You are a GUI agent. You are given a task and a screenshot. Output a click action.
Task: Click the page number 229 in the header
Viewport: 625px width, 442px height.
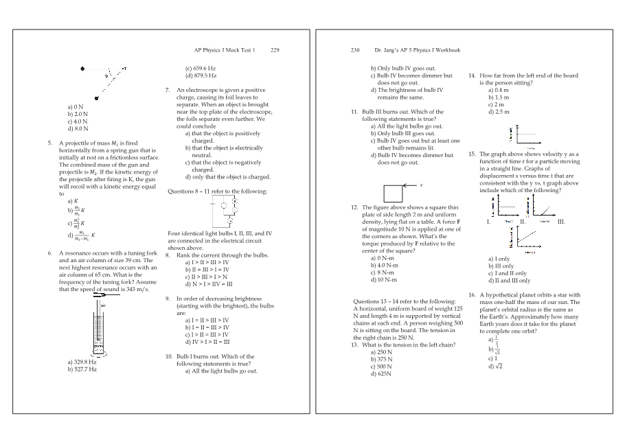tap(275, 50)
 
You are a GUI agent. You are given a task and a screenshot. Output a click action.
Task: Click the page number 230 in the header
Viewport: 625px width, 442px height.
tap(355, 50)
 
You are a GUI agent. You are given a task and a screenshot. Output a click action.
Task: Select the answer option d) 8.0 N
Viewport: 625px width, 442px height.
tap(78, 128)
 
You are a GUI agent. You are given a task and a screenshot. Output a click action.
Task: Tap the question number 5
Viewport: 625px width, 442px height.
tap(50, 143)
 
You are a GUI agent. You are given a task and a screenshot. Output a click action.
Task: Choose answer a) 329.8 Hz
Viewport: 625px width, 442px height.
tap(82, 361)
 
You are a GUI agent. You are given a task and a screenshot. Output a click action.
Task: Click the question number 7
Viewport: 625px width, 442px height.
tap(168, 90)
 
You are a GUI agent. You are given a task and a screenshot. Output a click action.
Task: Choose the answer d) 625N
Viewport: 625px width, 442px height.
tap(381, 374)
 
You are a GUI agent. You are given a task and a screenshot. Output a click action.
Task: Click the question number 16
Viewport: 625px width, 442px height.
tap(472, 295)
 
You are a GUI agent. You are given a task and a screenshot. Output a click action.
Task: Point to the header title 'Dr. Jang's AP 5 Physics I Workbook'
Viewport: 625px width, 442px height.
tap(417, 50)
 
